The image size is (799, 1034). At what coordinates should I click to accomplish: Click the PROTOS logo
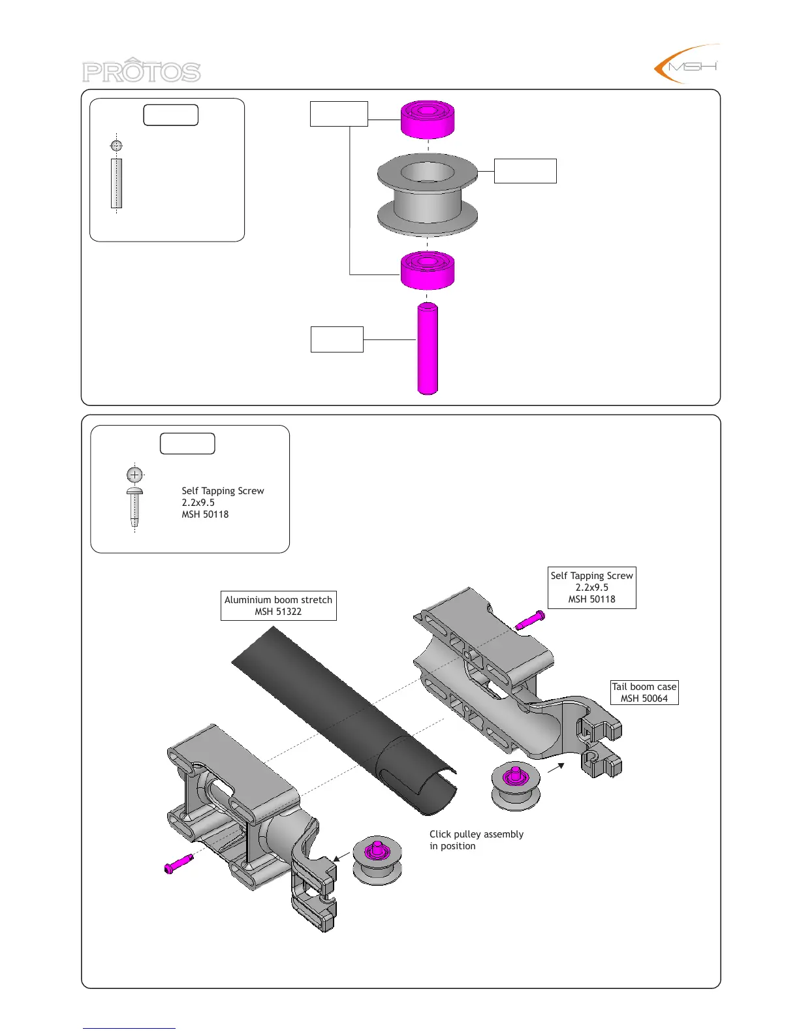pos(141,70)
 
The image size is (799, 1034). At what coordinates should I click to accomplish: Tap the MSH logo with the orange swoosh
pos(687,65)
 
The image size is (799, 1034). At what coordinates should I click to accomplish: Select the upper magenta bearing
pos(428,119)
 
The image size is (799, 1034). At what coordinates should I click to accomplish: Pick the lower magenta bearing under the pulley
pos(428,269)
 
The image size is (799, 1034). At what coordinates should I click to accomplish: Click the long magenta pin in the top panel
pos(428,349)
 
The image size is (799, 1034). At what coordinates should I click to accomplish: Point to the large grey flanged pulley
pos(428,195)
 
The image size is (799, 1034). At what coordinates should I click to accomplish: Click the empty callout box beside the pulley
pos(525,171)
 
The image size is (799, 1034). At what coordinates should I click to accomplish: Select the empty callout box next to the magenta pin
pos(337,339)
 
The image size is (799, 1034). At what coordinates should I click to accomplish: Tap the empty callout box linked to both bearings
pos(339,114)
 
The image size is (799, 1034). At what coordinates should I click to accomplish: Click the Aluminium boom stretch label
pos(279,606)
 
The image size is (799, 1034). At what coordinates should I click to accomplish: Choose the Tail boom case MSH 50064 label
pos(644,693)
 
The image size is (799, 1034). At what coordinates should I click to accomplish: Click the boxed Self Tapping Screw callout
pos(592,587)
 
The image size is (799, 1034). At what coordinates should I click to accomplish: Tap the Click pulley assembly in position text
pos(476,840)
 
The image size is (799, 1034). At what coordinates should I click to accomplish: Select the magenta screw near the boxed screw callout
pos(530,620)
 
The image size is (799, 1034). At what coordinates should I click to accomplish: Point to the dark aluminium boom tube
pos(346,718)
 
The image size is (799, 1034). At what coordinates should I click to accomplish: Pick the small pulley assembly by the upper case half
pos(516,786)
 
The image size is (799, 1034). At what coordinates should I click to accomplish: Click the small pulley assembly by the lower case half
pos(377,859)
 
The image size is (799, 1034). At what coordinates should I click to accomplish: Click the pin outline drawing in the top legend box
pos(116,183)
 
